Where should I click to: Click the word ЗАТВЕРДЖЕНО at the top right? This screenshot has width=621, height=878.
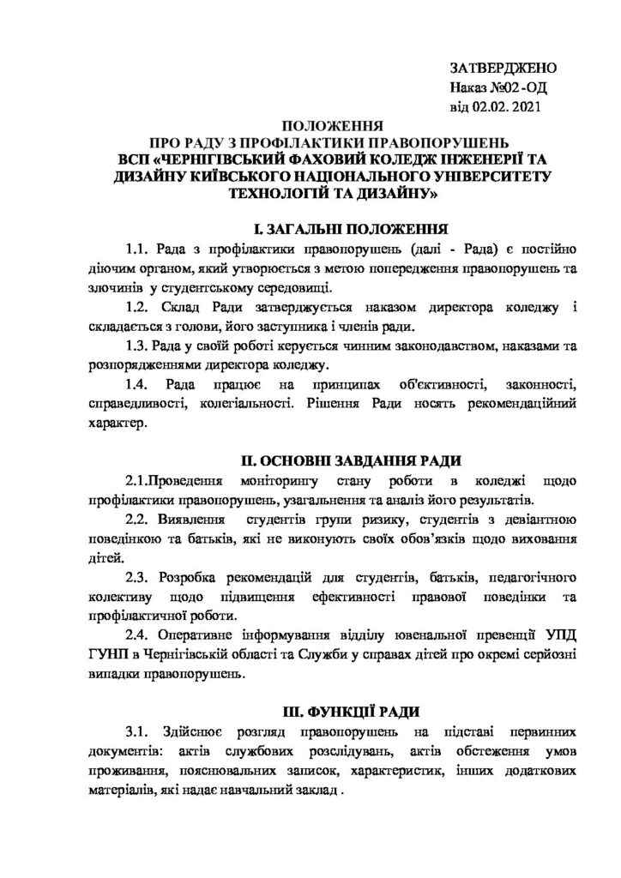coord(503,69)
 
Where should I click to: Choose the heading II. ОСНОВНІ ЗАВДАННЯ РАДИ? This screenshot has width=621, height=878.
coord(330,463)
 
